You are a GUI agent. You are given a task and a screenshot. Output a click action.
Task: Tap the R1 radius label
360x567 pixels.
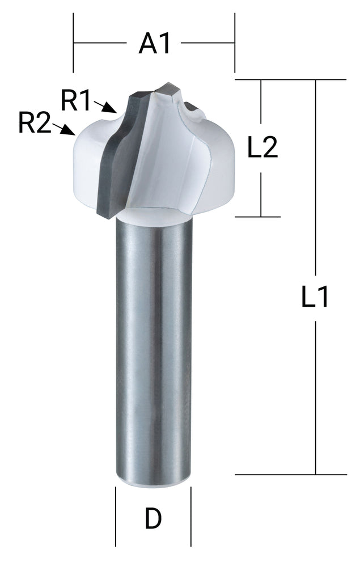pyautogui.click(x=76, y=100)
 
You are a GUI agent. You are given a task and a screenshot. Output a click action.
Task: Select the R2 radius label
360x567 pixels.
pyautogui.click(x=34, y=123)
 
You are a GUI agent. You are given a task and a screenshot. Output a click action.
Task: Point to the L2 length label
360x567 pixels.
pyautogui.click(x=262, y=149)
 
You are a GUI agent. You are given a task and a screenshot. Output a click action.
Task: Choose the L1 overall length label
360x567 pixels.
pyautogui.click(x=315, y=297)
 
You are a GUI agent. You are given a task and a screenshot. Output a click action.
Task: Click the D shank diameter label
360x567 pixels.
pyautogui.click(x=153, y=518)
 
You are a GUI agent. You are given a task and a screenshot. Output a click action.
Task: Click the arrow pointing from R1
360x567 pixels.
pyautogui.click(x=105, y=107)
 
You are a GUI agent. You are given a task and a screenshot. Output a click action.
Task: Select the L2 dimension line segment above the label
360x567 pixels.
pyautogui.click(x=261, y=102)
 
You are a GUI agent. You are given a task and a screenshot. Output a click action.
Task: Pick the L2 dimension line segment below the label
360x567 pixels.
pyautogui.click(x=261, y=195)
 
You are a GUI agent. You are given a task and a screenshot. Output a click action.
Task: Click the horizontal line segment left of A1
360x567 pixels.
pyautogui.click(x=100, y=43)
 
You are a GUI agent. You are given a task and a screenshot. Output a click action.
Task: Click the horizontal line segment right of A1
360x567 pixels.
pyautogui.click(x=207, y=43)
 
